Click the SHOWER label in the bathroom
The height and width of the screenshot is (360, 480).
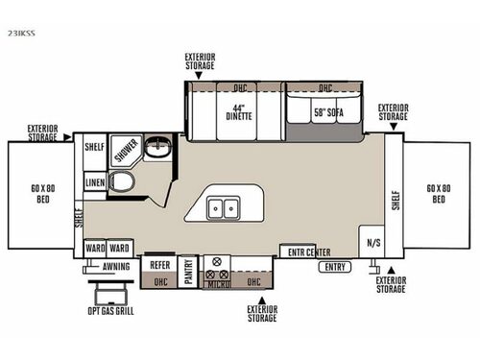click(126, 151)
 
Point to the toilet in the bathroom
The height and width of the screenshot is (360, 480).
click(123, 181)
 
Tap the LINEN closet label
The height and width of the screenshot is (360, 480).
click(94, 180)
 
